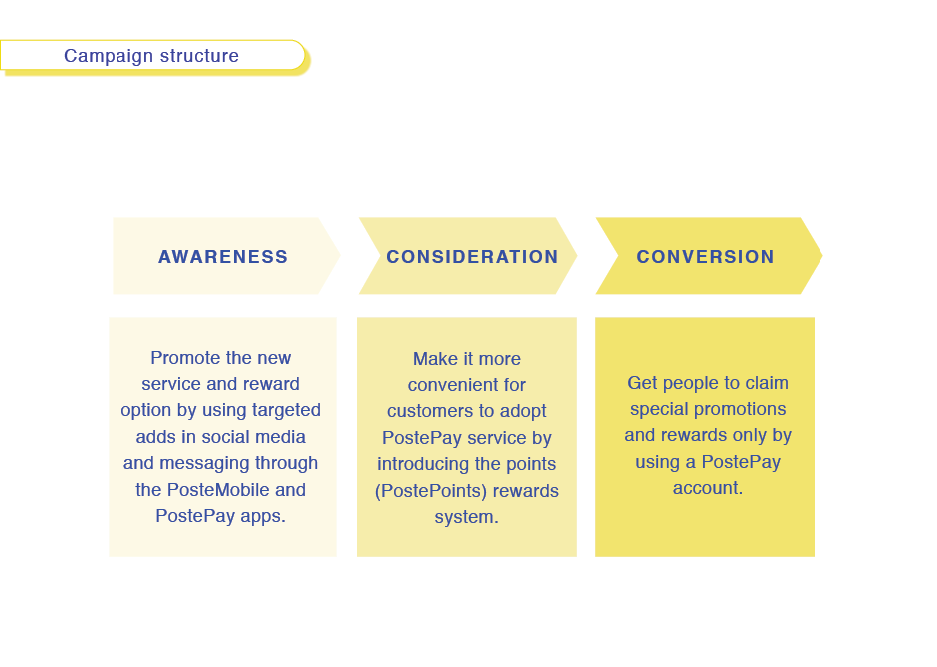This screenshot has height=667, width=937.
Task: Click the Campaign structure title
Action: click(151, 56)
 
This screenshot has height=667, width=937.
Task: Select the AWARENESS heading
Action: click(223, 257)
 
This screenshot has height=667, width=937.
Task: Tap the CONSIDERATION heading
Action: click(472, 257)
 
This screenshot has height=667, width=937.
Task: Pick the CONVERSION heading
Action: click(705, 257)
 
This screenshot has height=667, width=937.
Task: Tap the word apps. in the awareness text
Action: click(263, 516)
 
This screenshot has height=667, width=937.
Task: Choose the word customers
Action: click(426, 411)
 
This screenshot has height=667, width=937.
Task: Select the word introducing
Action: click(427, 464)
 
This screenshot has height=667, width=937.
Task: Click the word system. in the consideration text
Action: click(466, 517)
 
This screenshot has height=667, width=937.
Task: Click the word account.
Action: click(708, 488)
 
